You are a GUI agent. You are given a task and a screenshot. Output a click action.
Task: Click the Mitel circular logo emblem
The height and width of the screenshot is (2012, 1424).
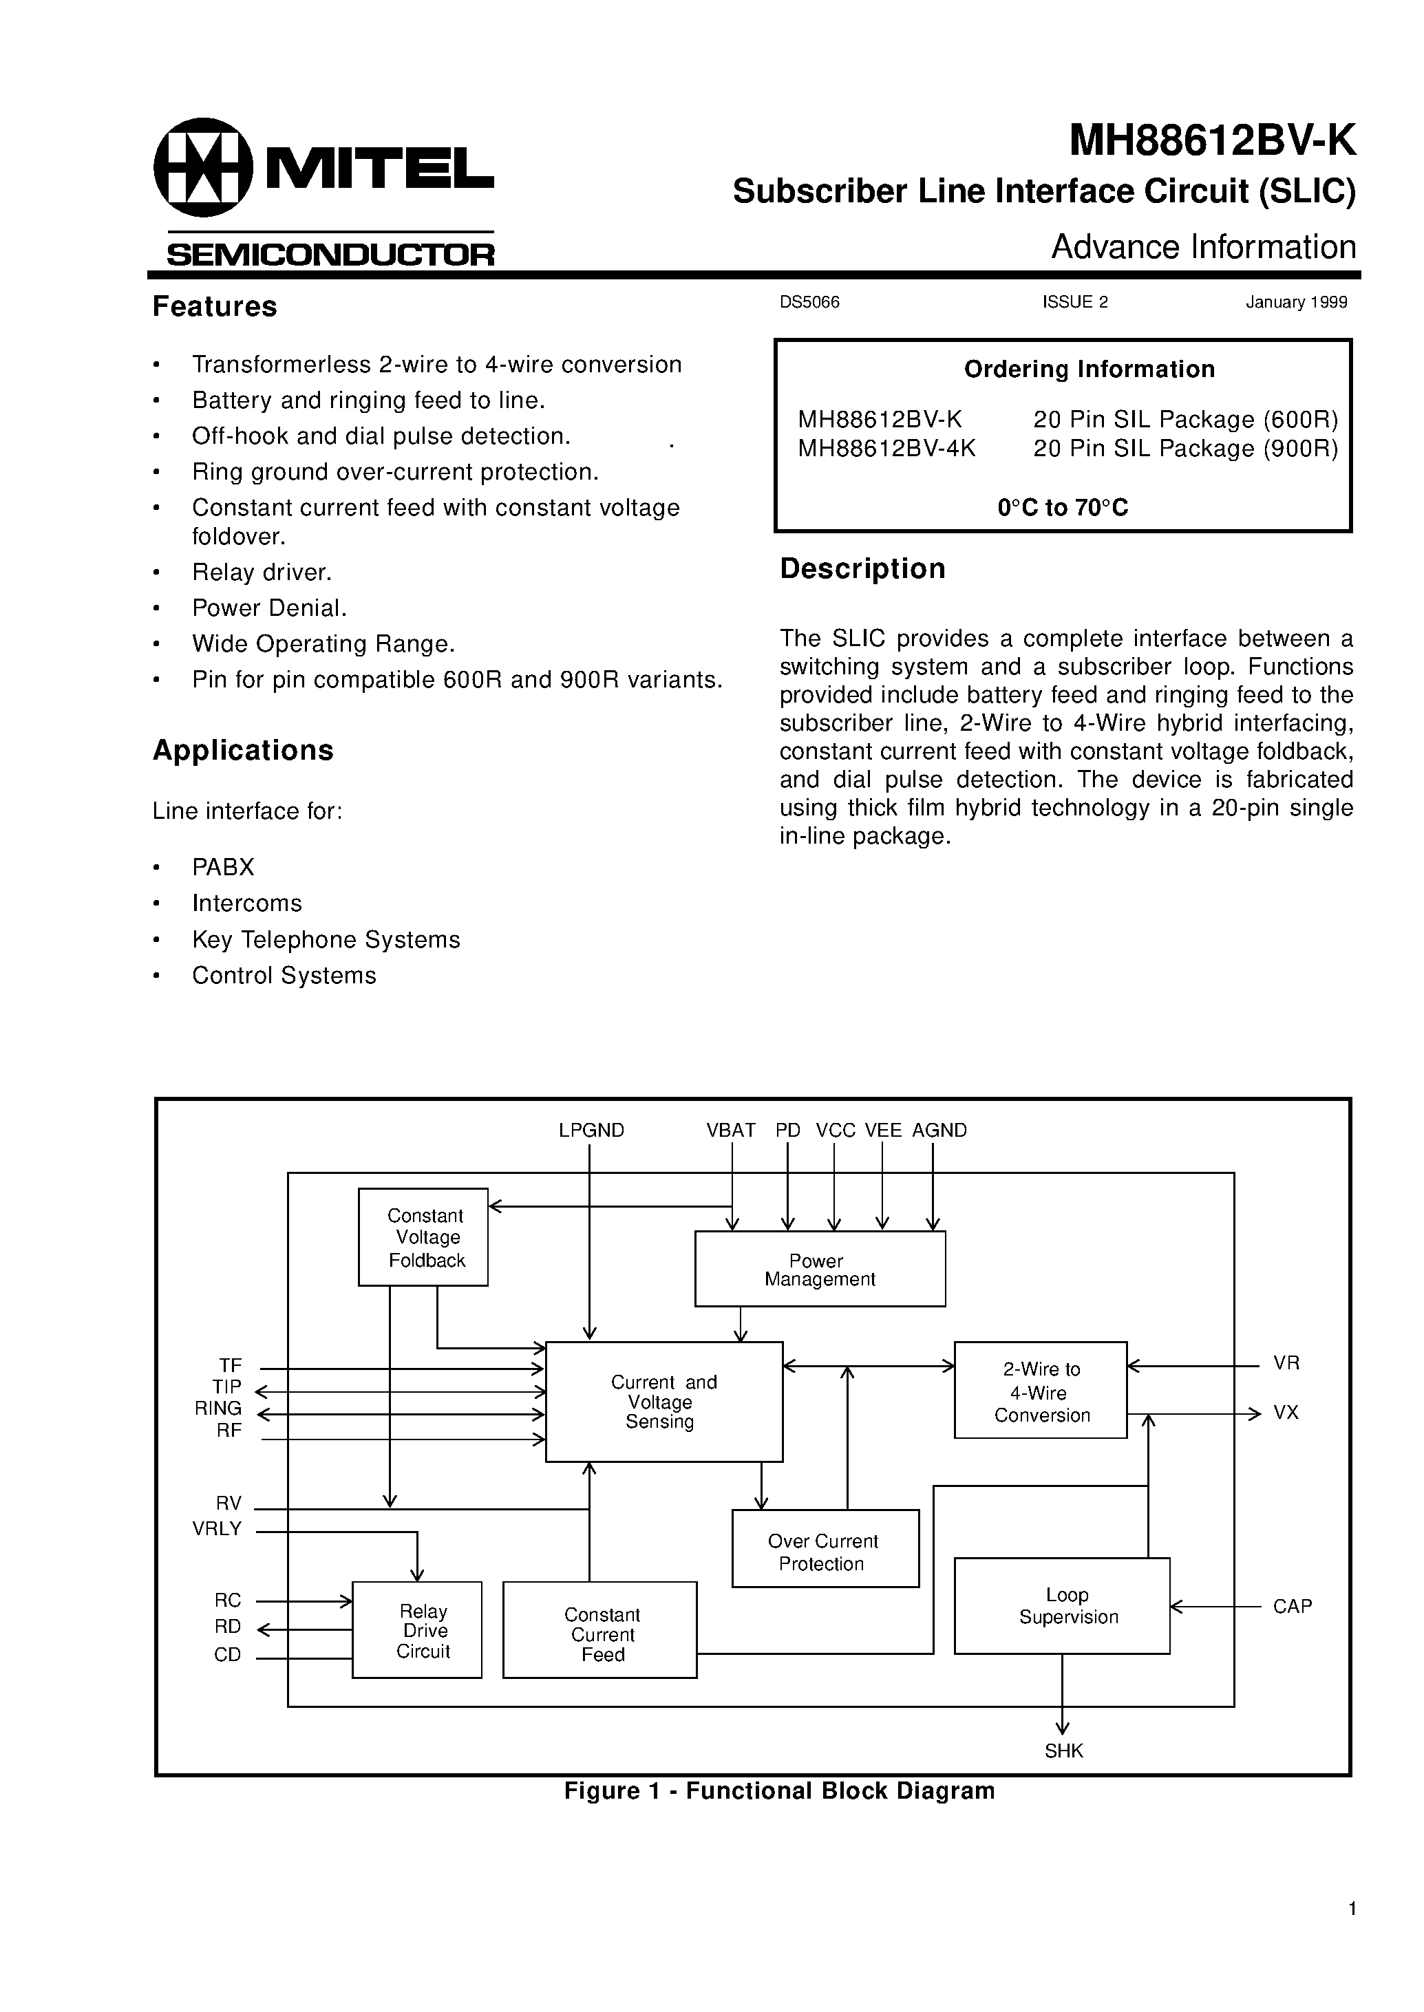pyautogui.click(x=202, y=167)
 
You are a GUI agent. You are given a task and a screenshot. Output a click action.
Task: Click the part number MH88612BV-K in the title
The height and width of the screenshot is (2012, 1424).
pyautogui.click(x=1212, y=140)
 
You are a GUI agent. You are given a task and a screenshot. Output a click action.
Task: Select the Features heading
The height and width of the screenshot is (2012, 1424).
pyautogui.click(x=215, y=307)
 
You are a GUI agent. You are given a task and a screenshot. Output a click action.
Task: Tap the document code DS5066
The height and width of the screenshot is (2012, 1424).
pyautogui.click(x=809, y=303)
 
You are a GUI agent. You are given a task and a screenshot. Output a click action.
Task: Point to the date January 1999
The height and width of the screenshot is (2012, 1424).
pyautogui.click(x=1296, y=303)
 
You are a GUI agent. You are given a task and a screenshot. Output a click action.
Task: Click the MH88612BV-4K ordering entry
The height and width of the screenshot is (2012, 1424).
pyautogui.click(x=886, y=449)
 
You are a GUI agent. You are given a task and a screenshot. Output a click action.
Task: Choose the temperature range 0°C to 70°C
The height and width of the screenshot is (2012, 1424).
pyautogui.click(x=1063, y=508)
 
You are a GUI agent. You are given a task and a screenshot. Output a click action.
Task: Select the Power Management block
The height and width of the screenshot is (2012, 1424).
pyautogui.click(x=819, y=1270)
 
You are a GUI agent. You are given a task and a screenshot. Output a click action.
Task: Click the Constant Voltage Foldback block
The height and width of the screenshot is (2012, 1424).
pyautogui.click(x=423, y=1237)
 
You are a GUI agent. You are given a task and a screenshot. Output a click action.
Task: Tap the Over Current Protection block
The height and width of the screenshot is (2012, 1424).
pyautogui.click(x=825, y=1552)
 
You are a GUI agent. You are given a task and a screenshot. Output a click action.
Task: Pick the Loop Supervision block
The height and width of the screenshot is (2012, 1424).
pyautogui.click(x=1061, y=1606)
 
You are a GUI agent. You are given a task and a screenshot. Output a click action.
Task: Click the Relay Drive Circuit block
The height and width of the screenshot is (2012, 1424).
pyautogui.click(x=417, y=1631)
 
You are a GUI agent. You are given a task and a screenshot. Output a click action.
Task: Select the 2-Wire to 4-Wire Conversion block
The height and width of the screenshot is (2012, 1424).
pyautogui.click(x=1040, y=1392)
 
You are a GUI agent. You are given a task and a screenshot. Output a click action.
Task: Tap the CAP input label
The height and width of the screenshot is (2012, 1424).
pyautogui.click(x=1292, y=1606)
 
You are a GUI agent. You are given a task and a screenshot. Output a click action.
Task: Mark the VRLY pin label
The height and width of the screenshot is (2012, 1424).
pyautogui.click(x=217, y=1529)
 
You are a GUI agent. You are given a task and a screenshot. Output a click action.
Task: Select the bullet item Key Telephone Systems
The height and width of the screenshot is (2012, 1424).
pyautogui.click(x=326, y=940)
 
